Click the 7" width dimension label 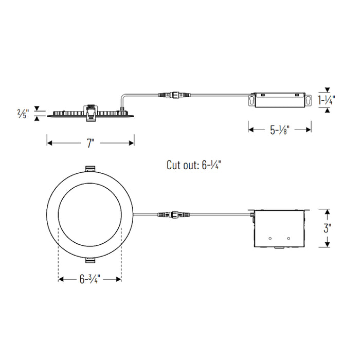click(x=91, y=143)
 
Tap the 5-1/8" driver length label click(x=280, y=130)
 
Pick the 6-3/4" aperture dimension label click(x=89, y=280)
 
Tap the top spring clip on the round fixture click(x=90, y=169)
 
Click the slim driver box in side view click(x=280, y=100)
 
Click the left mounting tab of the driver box click(x=253, y=100)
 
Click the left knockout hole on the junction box click(x=271, y=238)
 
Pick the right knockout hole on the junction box click(x=288, y=238)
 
